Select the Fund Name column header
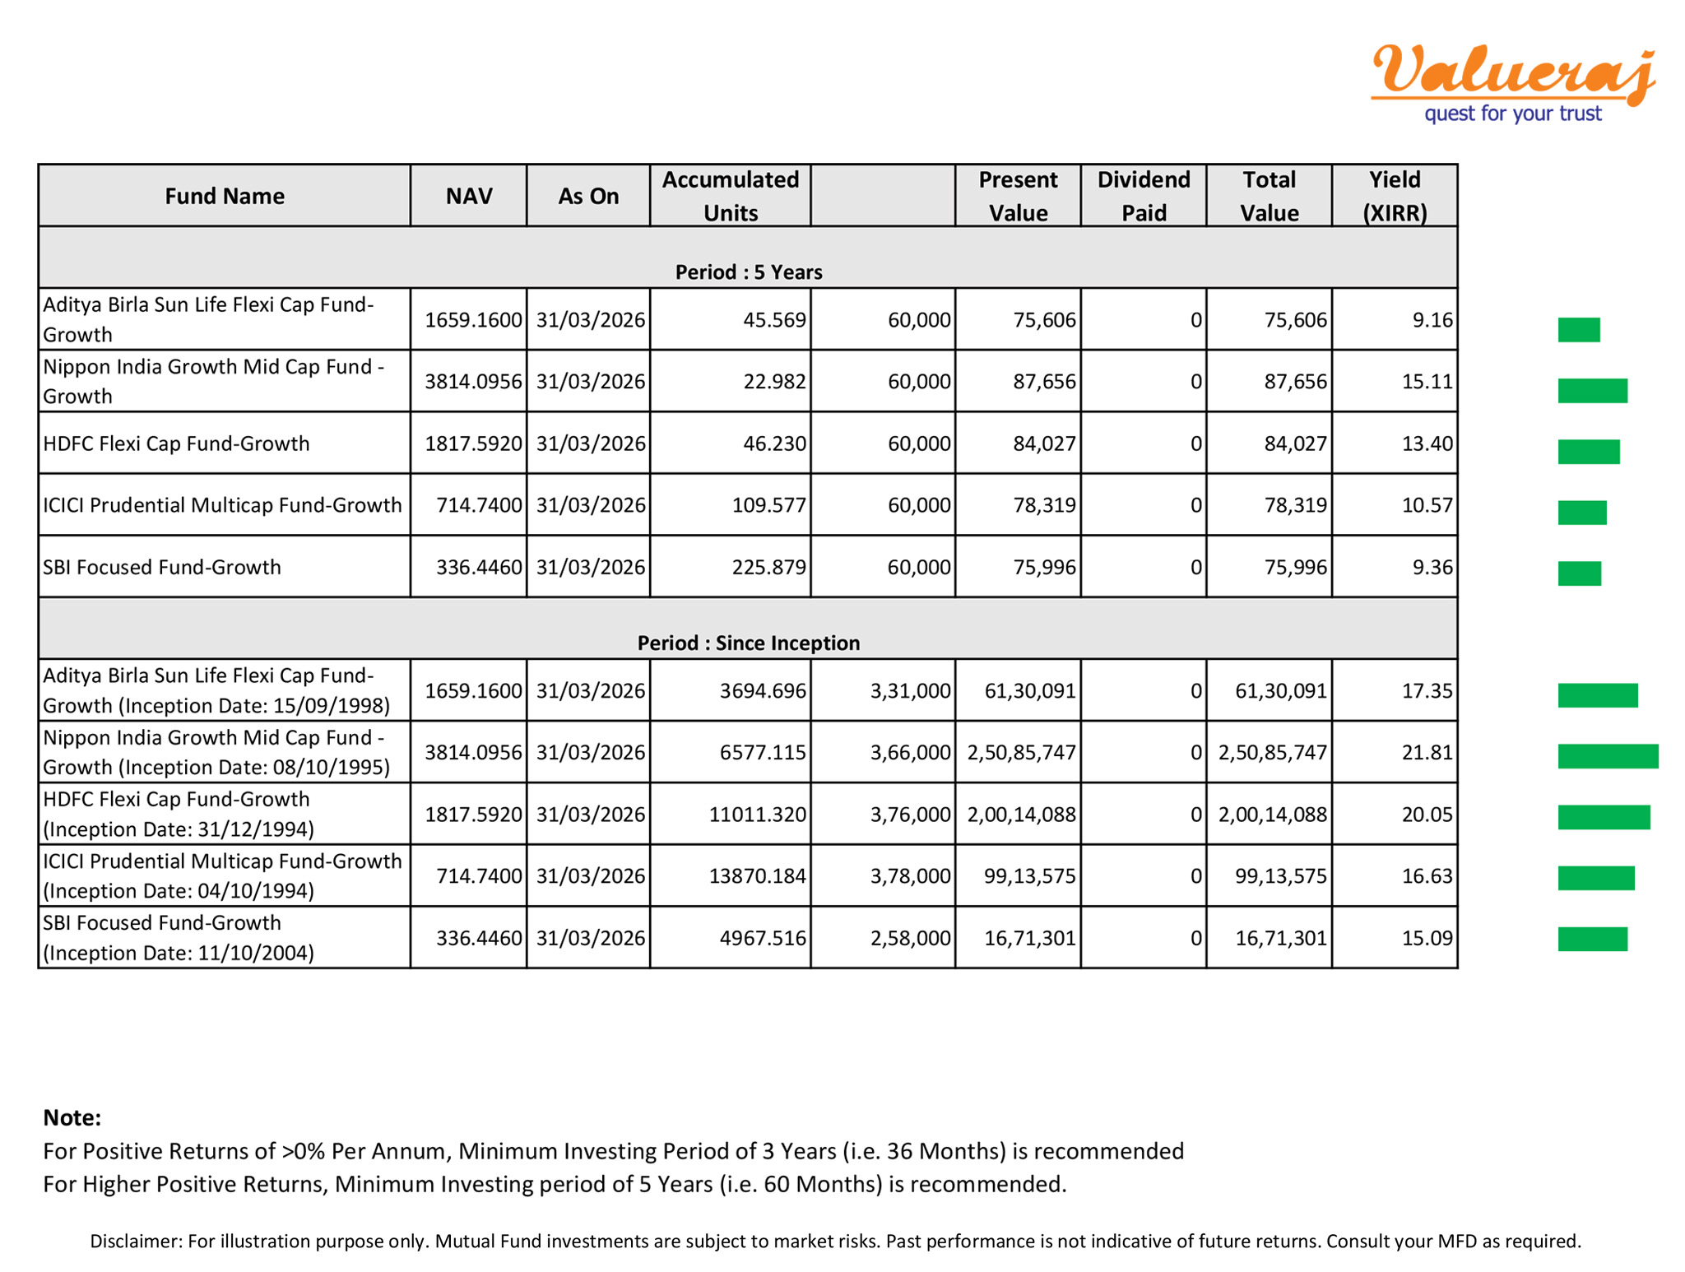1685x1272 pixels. [x=225, y=196]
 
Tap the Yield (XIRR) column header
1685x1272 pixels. [x=1394, y=196]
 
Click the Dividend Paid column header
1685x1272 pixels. [x=1143, y=196]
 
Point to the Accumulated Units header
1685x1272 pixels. [x=730, y=196]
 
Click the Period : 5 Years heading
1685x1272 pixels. [x=748, y=272]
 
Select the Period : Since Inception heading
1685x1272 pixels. [x=748, y=643]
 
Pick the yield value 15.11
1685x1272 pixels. [x=1427, y=381]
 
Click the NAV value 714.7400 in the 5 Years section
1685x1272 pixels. [x=479, y=505]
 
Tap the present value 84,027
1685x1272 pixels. [x=1044, y=443]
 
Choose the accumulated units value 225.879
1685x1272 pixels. [x=768, y=567]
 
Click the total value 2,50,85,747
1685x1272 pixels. [x=1272, y=752]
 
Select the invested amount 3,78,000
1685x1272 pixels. [x=910, y=875]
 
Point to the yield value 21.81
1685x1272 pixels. [x=1427, y=752]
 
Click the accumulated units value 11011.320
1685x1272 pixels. [x=757, y=815]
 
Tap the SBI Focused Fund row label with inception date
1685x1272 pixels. [x=179, y=937]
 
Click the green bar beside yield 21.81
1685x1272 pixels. [x=1607, y=756]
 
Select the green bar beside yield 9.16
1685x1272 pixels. [x=1578, y=330]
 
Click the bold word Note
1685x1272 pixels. [x=72, y=1117]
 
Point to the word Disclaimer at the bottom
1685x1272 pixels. [x=135, y=1241]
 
